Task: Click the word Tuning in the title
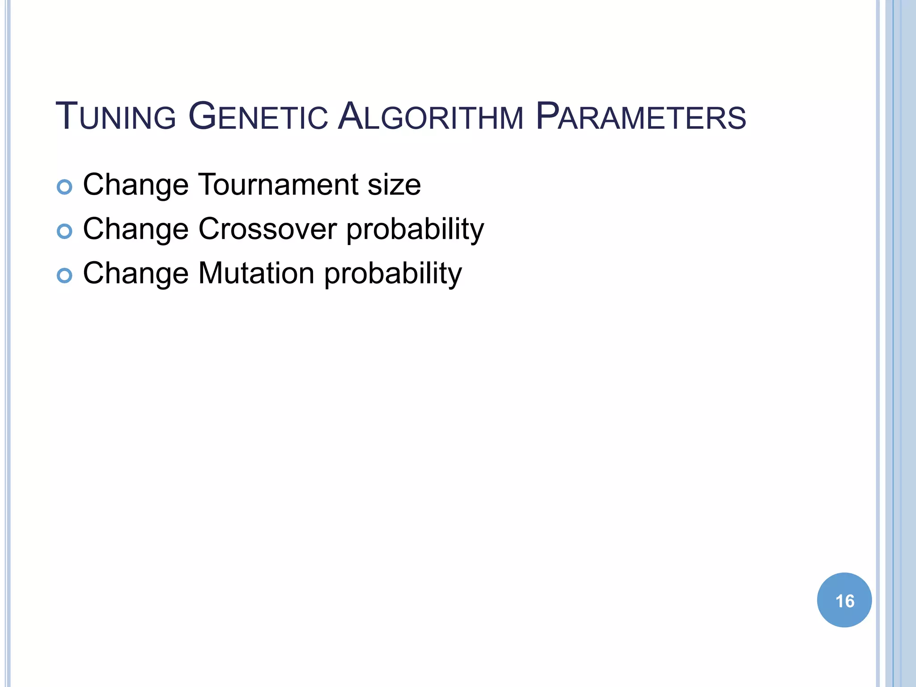click(115, 117)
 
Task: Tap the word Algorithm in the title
click(430, 117)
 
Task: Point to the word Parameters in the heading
click(640, 117)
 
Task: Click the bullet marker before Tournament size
click(64, 187)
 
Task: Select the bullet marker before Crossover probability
click(64, 231)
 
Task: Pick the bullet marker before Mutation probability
click(64, 276)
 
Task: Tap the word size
click(394, 185)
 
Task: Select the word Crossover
click(267, 229)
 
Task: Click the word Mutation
click(256, 273)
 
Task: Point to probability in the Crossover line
click(415, 229)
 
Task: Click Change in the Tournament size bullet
click(136, 185)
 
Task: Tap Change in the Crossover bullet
click(136, 229)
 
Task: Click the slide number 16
click(844, 601)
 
